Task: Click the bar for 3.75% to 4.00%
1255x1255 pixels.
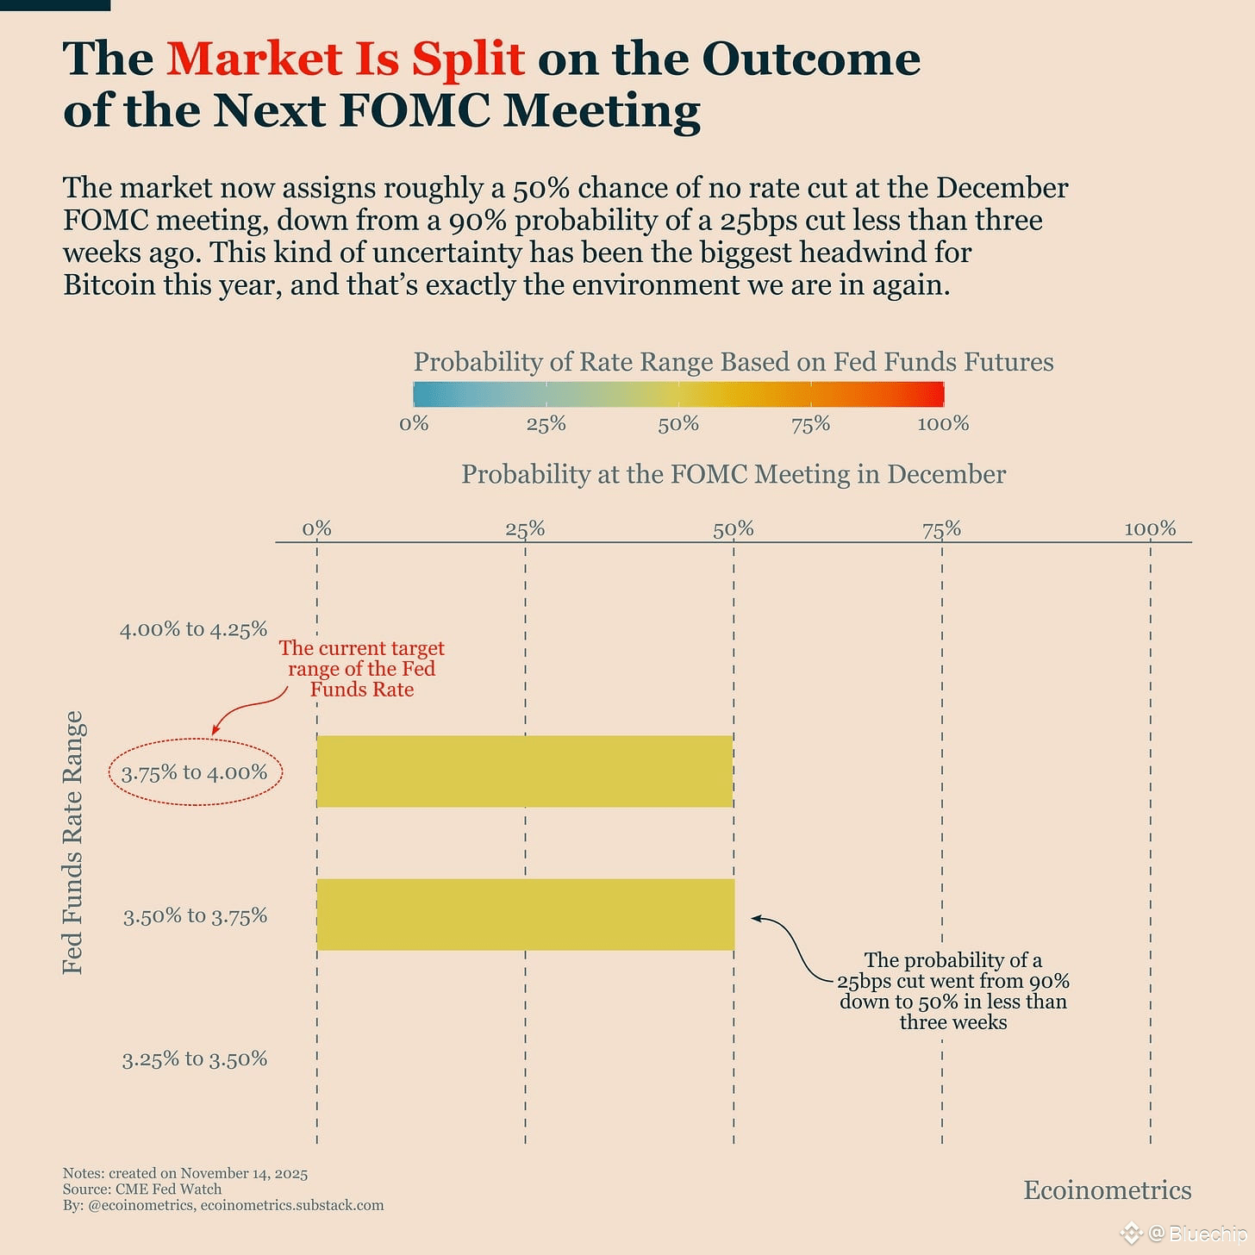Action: click(524, 771)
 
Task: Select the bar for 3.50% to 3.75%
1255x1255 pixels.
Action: click(526, 915)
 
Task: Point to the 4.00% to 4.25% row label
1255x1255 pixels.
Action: click(194, 629)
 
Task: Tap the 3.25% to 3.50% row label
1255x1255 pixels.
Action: click(195, 1058)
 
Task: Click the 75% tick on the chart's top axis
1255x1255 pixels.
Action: click(941, 528)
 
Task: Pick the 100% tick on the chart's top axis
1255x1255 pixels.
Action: click(1150, 528)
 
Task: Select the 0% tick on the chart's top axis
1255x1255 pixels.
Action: click(317, 528)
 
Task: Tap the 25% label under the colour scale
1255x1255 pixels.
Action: click(546, 423)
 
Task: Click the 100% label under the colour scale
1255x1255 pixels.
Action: click(943, 423)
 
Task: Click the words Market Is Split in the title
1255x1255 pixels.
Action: click(346, 59)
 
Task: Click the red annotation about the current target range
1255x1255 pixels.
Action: click(362, 669)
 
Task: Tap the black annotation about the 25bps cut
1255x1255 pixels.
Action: click(953, 990)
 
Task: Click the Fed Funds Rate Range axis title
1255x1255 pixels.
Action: click(73, 842)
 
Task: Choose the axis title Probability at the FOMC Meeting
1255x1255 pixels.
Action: click(734, 474)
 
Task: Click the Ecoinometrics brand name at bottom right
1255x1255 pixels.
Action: click(1107, 1189)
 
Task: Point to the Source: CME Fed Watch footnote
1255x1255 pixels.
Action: click(142, 1189)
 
